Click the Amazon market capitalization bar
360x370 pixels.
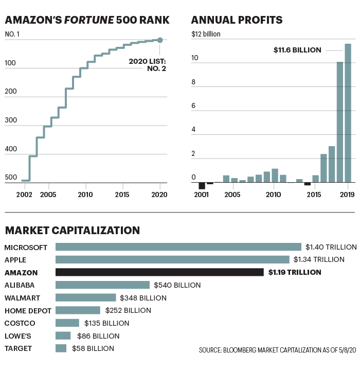click(159, 272)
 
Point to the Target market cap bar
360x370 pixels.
click(61, 348)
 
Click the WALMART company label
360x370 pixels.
click(23, 297)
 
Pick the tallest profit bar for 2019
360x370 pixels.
click(348, 113)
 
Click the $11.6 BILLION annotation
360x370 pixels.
click(297, 50)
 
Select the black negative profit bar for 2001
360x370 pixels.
click(202, 186)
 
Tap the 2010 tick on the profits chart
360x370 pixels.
click(273, 196)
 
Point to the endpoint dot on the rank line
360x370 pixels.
click(160, 40)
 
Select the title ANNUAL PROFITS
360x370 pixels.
click(237, 20)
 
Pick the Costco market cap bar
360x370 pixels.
click(67, 323)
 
